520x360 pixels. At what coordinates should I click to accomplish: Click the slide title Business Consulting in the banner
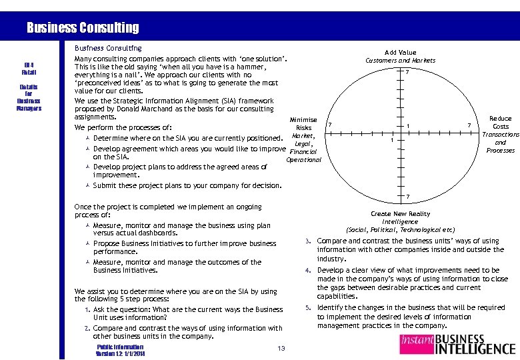tap(83, 28)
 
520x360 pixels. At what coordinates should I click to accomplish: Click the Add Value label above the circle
tap(400, 52)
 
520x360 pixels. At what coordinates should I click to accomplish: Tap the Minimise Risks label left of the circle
tap(303, 124)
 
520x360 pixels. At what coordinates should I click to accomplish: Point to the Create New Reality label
tap(400, 214)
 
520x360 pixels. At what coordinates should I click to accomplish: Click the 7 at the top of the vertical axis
tap(407, 72)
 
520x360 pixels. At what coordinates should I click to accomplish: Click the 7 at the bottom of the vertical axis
tap(407, 196)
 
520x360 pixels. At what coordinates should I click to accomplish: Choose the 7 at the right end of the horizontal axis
tap(469, 126)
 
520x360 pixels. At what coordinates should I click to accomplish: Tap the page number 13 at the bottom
tap(281, 349)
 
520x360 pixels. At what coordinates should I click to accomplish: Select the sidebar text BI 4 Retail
tap(29, 68)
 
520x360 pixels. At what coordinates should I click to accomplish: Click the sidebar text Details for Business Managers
tap(29, 97)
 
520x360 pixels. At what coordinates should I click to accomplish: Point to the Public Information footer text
tap(120, 347)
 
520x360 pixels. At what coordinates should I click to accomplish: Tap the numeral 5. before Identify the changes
tap(307, 308)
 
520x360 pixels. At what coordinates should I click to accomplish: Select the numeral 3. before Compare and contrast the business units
tap(307, 241)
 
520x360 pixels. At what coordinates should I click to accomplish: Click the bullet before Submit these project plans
tap(87, 185)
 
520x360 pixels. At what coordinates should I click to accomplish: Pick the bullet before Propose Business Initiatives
tap(87, 244)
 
